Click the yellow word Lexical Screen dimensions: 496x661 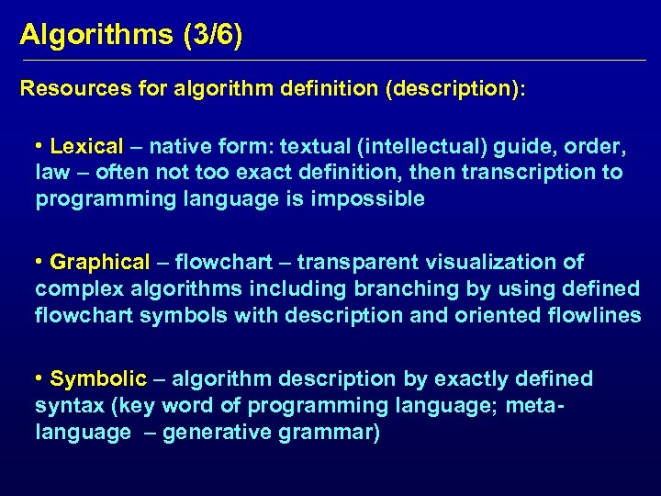pos(86,146)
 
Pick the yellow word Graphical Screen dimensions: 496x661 pos(99,262)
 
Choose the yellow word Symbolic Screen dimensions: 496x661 pos(98,378)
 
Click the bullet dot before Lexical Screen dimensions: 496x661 pos(40,146)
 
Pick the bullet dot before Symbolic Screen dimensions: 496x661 pos(40,378)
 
